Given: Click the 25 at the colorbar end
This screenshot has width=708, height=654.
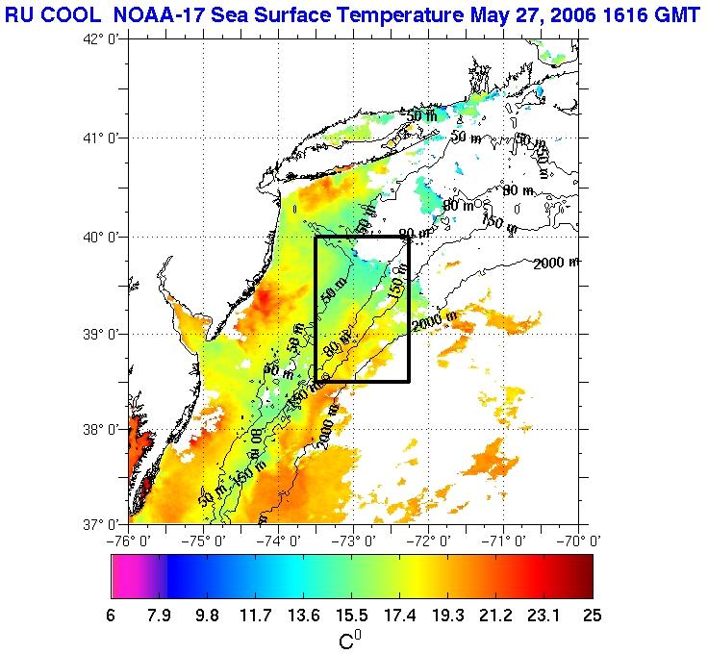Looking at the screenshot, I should tap(592, 614).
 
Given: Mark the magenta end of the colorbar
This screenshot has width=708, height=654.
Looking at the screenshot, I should tap(125, 576).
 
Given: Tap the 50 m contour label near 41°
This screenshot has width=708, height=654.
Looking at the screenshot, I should tap(420, 116).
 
